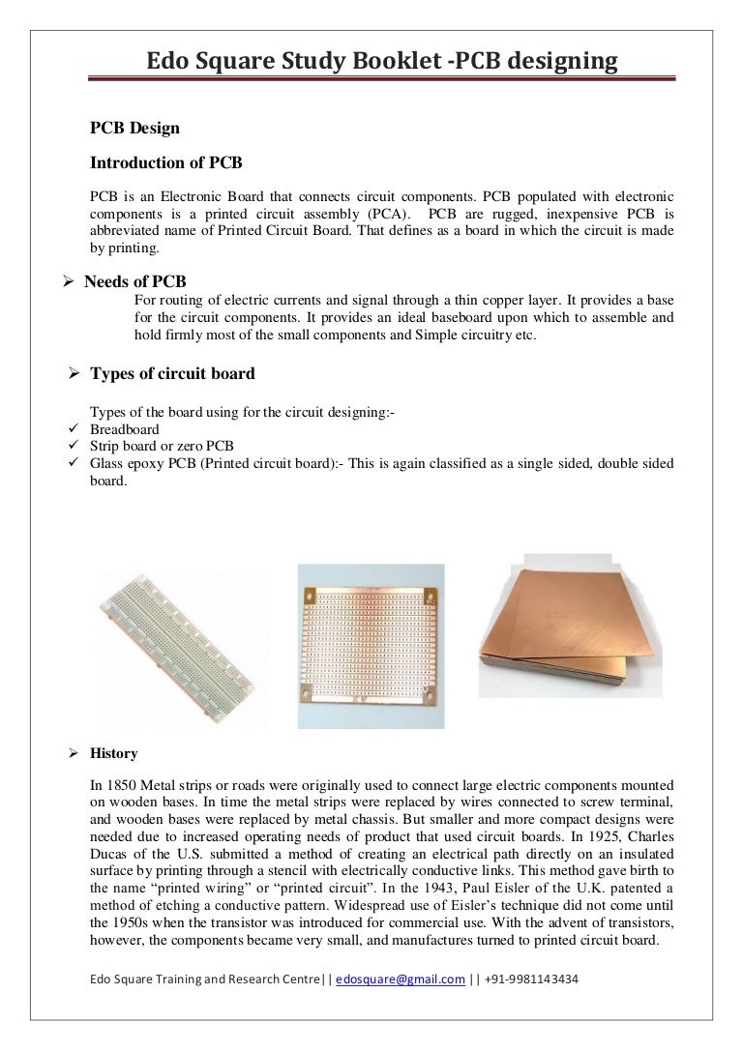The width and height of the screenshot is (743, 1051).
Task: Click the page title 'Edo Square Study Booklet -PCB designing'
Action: (x=381, y=62)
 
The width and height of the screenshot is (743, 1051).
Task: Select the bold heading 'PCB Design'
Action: (x=134, y=128)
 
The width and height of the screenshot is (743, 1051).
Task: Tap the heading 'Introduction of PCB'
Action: (x=165, y=162)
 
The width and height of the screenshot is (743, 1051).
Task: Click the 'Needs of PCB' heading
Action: (x=135, y=281)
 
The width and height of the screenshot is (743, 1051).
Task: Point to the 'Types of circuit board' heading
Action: (x=172, y=373)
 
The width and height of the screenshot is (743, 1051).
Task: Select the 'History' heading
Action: (x=114, y=753)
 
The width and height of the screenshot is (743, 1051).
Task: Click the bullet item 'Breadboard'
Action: (x=125, y=429)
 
